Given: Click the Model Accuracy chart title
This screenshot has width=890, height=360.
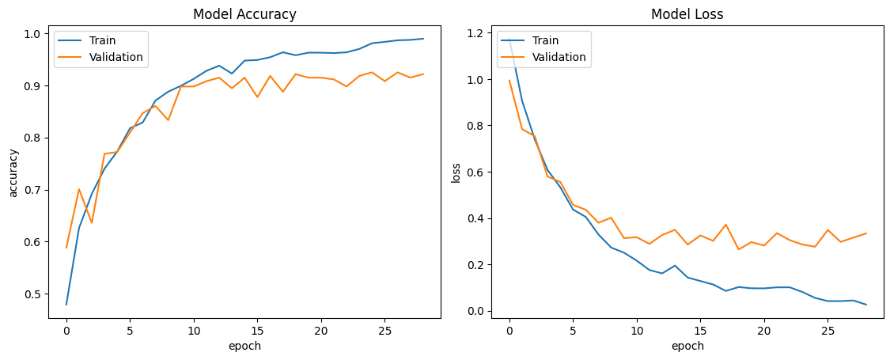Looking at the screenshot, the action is (x=244, y=14).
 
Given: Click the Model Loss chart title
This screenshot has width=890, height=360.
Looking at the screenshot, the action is (x=687, y=14).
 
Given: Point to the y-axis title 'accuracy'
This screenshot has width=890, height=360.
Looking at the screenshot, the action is (x=14, y=173).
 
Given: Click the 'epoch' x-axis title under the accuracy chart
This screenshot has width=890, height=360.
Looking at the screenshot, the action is (x=244, y=346).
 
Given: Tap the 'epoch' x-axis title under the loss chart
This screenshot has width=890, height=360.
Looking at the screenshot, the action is (x=687, y=346).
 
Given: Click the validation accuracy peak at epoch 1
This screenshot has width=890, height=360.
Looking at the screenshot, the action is (x=79, y=189).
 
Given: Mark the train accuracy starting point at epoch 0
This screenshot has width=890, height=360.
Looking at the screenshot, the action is (x=66, y=305).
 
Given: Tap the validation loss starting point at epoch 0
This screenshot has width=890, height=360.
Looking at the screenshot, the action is (x=509, y=80).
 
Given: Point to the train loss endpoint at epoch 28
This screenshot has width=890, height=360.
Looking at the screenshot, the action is (x=866, y=305).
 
